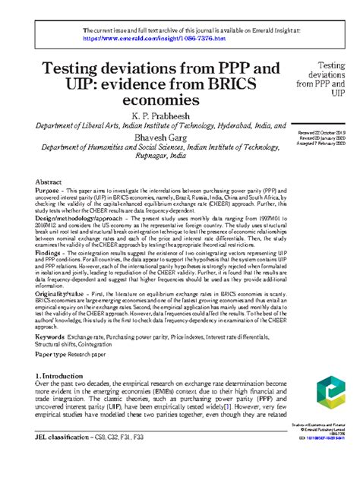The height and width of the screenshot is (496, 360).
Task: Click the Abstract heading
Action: point(49,182)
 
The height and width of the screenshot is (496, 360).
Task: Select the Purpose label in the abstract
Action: point(49,193)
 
